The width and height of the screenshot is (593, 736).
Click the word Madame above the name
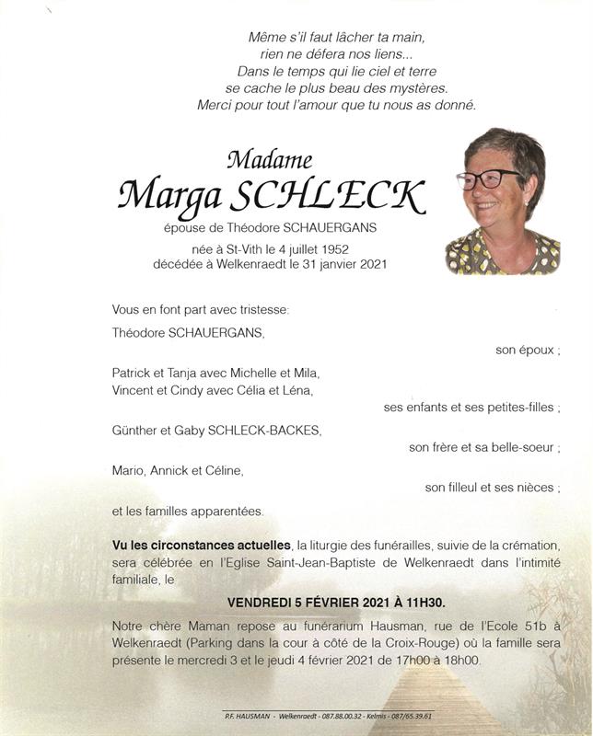point(268,161)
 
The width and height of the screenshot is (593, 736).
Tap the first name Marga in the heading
point(170,195)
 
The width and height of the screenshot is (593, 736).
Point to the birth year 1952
point(338,248)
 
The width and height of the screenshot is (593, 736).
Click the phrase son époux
point(527,351)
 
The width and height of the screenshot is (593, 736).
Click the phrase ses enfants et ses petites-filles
point(471,408)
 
